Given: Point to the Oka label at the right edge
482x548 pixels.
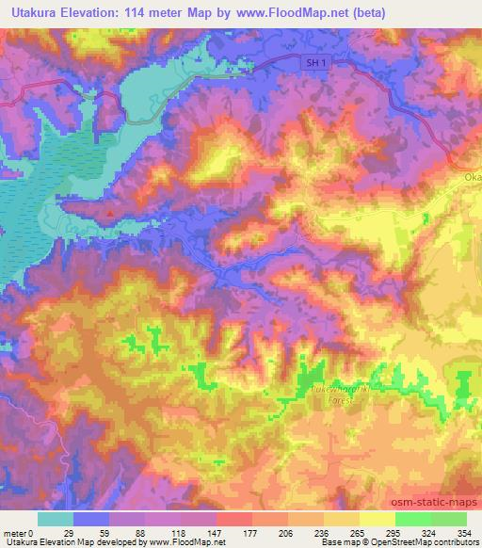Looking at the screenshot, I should click(x=472, y=176).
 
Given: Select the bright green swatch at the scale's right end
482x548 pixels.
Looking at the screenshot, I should click(x=448, y=519).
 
